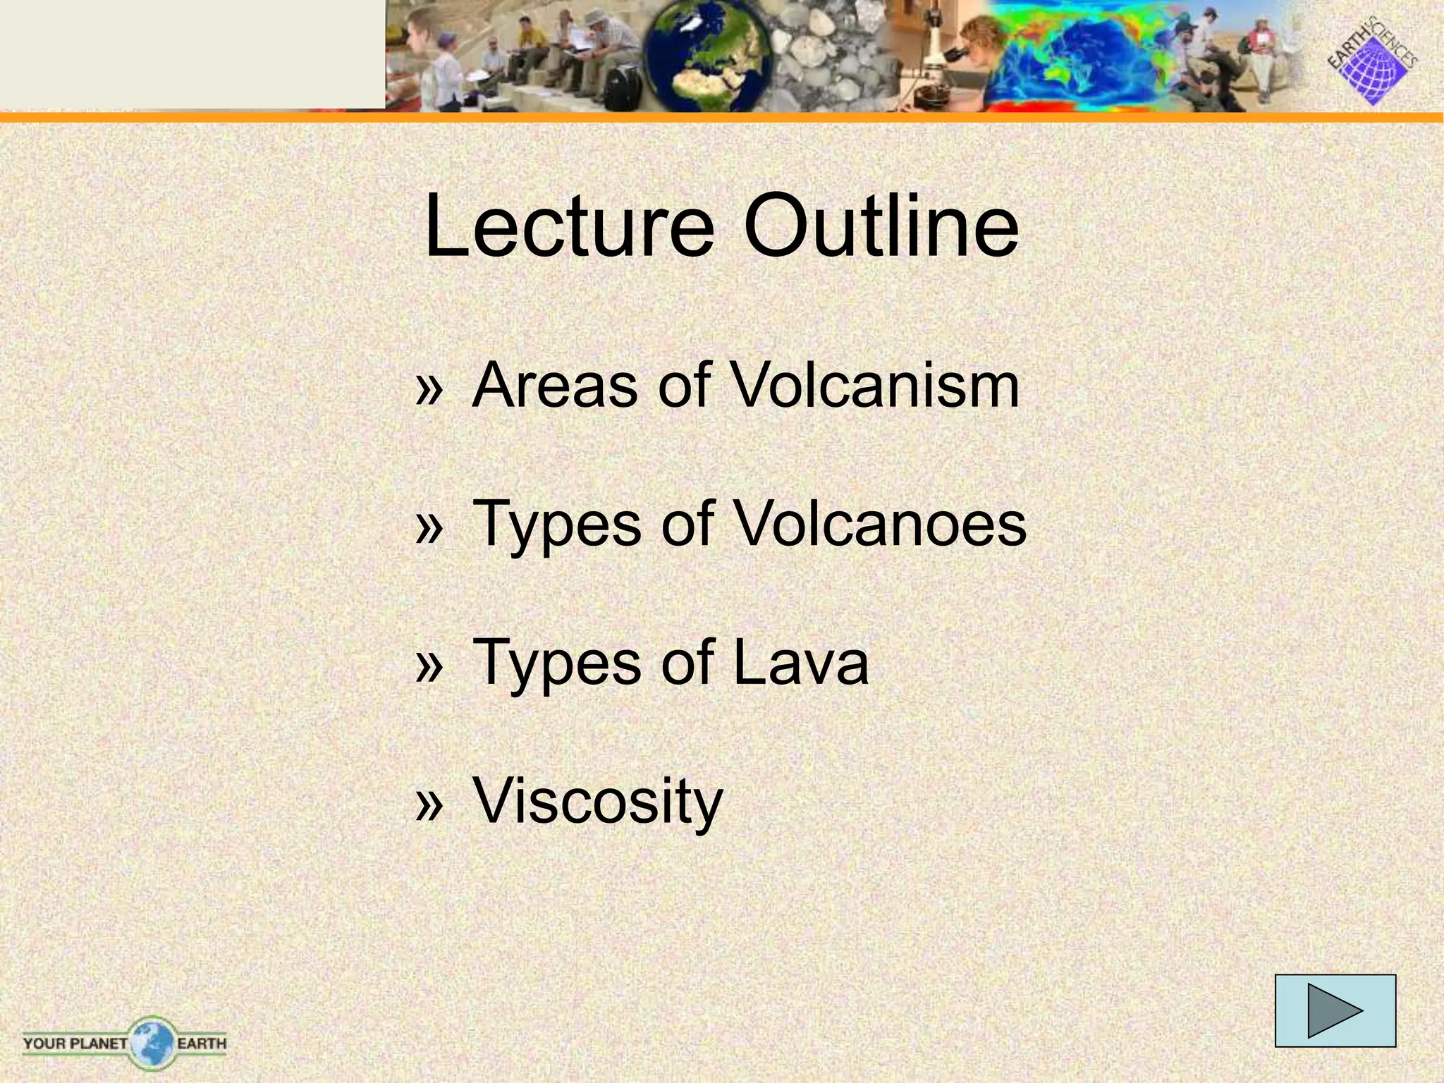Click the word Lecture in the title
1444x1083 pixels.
pos(569,226)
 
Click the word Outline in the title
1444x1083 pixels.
pos(881,226)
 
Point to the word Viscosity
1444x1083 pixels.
pos(598,801)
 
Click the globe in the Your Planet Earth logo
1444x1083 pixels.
pos(151,1042)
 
